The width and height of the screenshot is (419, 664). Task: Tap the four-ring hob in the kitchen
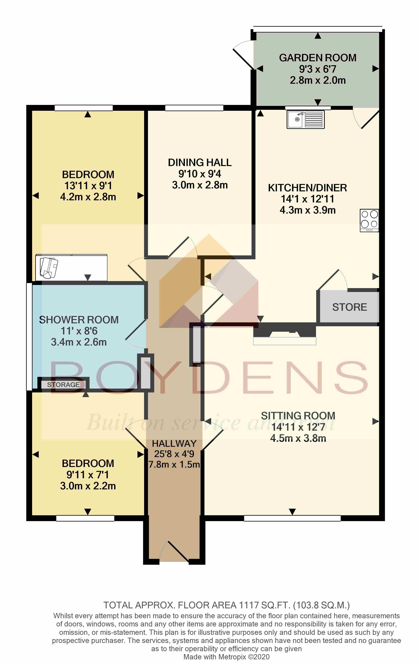[369, 220]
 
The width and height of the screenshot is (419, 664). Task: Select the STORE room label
[349, 307]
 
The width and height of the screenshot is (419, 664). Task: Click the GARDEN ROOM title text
[318, 58]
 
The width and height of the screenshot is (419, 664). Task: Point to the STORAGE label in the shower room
[63, 385]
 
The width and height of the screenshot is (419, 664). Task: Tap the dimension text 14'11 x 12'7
[298, 427]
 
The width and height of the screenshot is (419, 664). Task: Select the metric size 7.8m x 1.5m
[174, 465]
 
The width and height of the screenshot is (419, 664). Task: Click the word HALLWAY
[174, 444]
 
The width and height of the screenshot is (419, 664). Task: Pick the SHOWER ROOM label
[79, 320]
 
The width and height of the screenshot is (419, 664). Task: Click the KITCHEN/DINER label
[307, 188]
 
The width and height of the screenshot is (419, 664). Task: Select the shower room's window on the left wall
[29, 336]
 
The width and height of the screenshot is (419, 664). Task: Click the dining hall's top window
[194, 108]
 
